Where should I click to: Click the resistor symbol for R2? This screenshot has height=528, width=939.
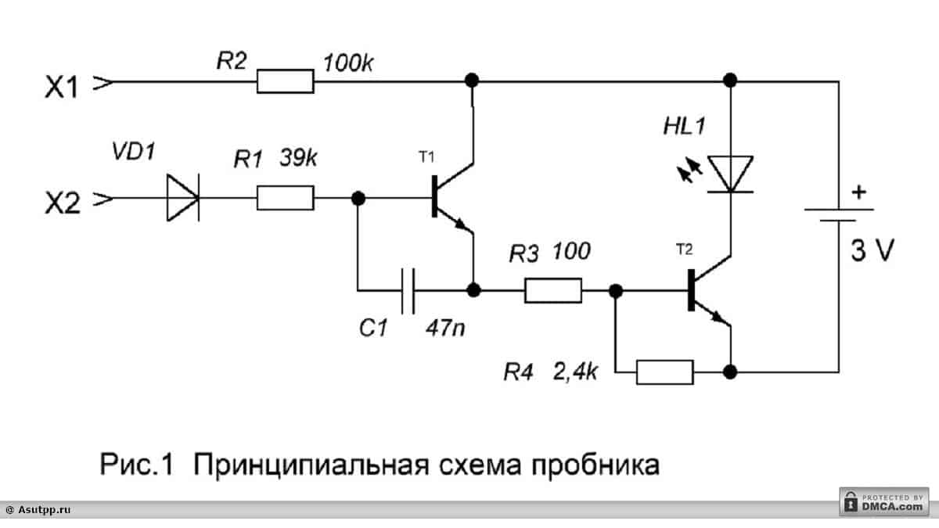click(x=286, y=81)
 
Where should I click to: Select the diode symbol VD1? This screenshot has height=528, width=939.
click(x=182, y=198)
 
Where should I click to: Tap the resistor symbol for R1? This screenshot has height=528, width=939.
click(x=286, y=198)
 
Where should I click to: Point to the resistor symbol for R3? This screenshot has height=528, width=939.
click(x=553, y=291)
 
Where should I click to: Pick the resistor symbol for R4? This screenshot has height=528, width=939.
click(x=665, y=372)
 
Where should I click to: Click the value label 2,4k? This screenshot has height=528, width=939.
click(x=574, y=371)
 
